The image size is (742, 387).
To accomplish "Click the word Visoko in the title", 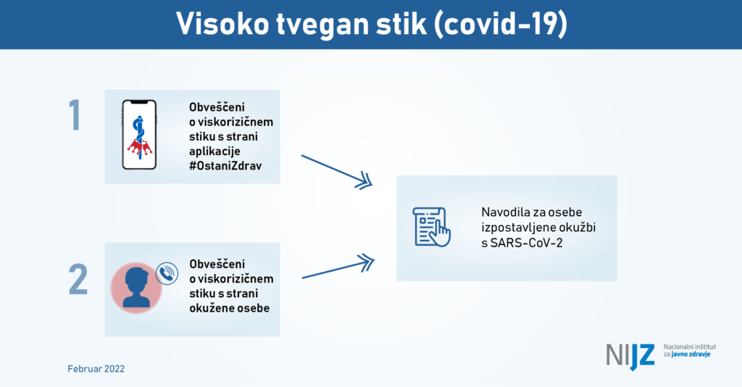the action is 222,24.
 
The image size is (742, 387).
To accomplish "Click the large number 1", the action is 75,115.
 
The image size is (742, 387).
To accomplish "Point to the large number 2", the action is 78,279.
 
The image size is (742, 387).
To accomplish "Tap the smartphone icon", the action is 139,135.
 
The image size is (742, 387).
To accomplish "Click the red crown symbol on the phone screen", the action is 140,148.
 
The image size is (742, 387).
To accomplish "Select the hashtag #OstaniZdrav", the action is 225,166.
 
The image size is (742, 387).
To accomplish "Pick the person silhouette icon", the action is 136,288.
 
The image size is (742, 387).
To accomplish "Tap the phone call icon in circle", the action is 167,273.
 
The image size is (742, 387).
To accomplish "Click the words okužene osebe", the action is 230,308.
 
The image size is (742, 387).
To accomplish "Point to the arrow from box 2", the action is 338,267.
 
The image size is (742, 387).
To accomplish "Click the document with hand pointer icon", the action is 432,227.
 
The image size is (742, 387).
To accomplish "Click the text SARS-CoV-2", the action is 527,244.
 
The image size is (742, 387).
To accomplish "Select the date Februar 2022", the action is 96,369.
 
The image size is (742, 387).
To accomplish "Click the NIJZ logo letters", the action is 630,357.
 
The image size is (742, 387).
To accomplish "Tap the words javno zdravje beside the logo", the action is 691,354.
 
